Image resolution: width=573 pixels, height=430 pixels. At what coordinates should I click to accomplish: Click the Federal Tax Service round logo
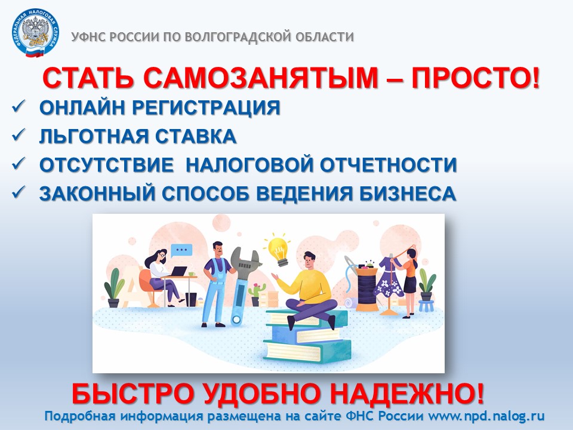pos(35,33)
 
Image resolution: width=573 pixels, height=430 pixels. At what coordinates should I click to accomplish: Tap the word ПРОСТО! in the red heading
pos(476,78)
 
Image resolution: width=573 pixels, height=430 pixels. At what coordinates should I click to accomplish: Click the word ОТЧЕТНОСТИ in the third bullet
pos(389,165)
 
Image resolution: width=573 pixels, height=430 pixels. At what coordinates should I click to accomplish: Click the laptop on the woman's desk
pos(178,272)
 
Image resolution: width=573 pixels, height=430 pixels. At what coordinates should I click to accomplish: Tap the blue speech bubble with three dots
pos(181,250)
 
